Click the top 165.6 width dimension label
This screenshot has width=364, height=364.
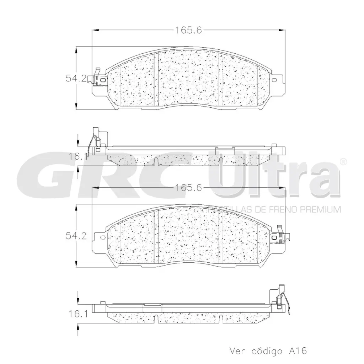[188, 31]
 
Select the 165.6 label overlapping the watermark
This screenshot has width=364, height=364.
[188, 188]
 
